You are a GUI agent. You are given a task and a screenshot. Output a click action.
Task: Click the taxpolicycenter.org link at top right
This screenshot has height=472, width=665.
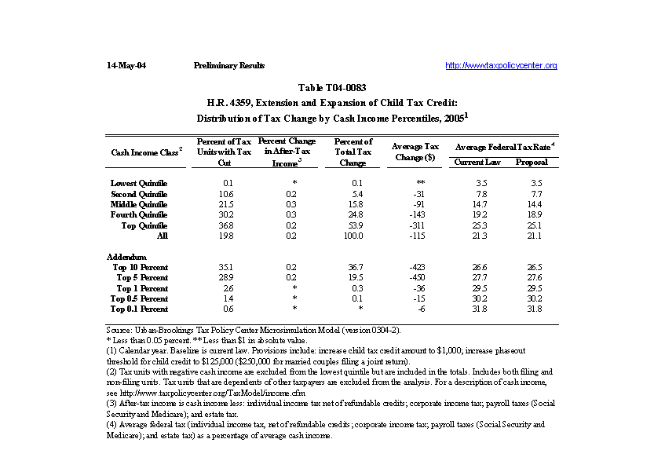[x=501, y=65]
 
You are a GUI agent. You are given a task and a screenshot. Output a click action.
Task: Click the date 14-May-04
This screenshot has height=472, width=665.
[x=126, y=65]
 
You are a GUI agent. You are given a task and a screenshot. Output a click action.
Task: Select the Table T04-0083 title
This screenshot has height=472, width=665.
[x=332, y=88]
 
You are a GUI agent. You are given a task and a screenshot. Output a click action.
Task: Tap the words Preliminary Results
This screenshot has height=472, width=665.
[x=228, y=65]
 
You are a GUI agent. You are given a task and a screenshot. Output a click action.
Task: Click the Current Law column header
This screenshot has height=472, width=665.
[x=476, y=162]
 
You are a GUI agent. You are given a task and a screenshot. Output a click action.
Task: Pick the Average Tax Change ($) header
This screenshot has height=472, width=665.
[x=415, y=152]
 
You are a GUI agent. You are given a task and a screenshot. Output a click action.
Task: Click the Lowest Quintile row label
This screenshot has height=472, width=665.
[x=139, y=183]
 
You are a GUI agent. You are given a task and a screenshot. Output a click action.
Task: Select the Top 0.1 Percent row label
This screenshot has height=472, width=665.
[x=139, y=309]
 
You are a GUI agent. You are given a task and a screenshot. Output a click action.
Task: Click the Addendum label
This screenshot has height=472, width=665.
[x=126, y=257]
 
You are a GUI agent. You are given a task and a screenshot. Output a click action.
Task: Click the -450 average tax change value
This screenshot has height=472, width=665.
[x=416, y=277]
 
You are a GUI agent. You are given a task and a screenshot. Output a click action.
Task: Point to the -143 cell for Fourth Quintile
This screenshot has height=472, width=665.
[x=416, y=214]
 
